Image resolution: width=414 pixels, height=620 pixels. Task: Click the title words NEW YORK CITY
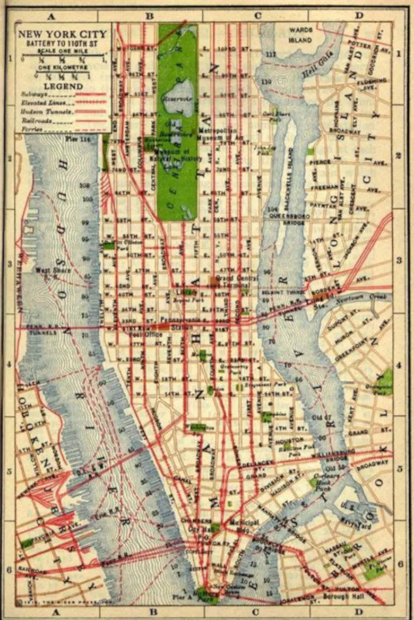pos(63,34)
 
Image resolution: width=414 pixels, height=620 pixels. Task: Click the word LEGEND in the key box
pos(63,85)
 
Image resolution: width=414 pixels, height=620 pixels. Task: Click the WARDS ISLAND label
pos(300,34)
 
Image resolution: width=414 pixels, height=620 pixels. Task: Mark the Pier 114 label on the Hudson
pos(78,139)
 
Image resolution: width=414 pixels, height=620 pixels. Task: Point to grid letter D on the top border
pos(359,15)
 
